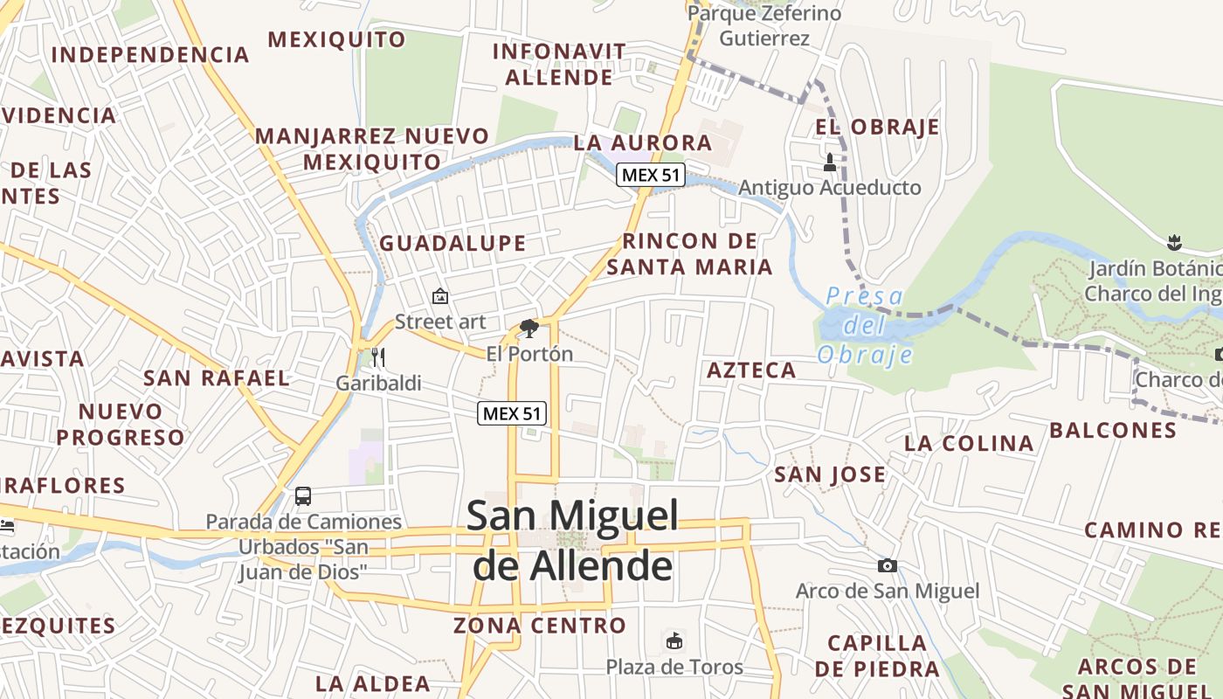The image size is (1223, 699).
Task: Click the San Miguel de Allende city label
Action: pyautogui.click(x=572, y=540)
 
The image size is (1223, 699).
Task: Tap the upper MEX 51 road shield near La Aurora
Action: pyautogui.click(x=650, y=175)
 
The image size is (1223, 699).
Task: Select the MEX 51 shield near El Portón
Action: pyautogui.click(x=512, y=413)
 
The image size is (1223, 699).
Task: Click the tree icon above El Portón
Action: pyautogui.click(x=529, y=329)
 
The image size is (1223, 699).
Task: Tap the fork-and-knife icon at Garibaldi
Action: pyautogui.click(x=378, y=356)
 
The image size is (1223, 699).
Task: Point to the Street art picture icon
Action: pyautogui.click(x=439, y=296)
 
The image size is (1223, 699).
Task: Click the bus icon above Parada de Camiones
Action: pyautogui.click(x=303, y=496)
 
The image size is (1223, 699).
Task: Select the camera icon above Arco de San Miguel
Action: pyautogui.click(x=887, y=566)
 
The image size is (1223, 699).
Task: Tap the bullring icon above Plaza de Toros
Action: pyautogui.click(x=674, y=641)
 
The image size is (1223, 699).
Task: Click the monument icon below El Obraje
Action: pyautogui.click(x=830, y=162)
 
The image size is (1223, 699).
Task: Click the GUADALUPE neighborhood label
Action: pyautogui.click(x=453, y=243)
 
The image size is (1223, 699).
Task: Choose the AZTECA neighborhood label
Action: pyautogui.click(x=751, y=370)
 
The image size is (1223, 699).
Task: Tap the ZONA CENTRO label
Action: pyautogui.click(x=539, y=626)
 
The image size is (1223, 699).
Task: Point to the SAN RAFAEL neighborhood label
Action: pyautogui.click(x=216, y=378)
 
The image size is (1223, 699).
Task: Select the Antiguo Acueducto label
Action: pyautogui.click(x=830, y=188)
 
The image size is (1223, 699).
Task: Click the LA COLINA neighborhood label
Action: pyautogui.click(x=969, y=443)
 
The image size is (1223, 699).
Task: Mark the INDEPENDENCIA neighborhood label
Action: pyautogui.click(x=150, y=54)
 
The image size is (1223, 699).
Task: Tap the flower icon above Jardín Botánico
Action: pyautogui.click(x=1175, y=241)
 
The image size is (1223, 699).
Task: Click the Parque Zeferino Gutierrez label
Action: pyautogui.click(x=764, y=25)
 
